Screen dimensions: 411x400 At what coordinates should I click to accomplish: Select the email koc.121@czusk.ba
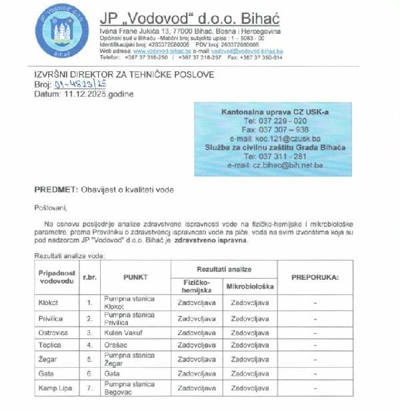point(273,139)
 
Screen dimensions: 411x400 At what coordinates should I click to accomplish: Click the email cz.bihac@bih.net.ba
point(275,165)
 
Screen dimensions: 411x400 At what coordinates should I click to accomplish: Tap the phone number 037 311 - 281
point(275,156)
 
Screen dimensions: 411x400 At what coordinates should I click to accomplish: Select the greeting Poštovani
point(51,207)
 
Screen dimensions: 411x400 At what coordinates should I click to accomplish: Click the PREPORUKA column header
point(315,277)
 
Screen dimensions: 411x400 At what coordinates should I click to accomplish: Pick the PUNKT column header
point(135,277)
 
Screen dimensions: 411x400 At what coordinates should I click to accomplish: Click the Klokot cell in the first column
point(49,302)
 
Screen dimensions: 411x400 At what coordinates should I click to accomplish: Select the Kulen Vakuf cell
point(125,332)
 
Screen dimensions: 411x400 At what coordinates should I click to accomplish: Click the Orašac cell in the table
point(116,345)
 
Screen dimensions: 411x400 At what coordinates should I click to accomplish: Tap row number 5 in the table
point(89,360)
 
